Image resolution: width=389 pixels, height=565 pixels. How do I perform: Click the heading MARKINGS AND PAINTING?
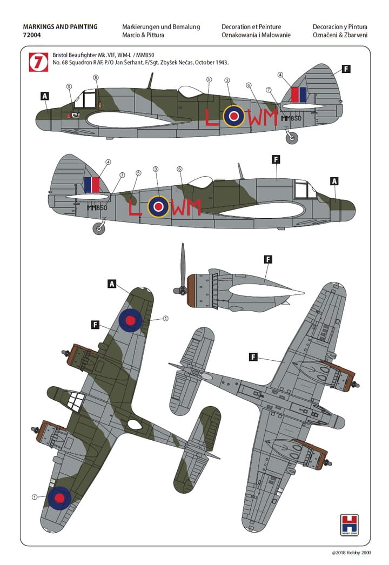pos(61,26)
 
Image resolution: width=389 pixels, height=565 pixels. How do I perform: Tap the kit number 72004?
pos(33,35)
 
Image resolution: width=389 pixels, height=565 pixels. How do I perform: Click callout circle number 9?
pos(69,87)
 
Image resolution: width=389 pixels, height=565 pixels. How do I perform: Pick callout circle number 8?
pos(96,78)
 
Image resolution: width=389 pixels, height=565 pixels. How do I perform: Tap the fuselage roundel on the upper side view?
pos(234,116)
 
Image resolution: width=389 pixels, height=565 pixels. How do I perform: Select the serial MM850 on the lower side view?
pos(97,207)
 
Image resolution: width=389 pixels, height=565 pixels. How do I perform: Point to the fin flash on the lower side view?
pos(92,185)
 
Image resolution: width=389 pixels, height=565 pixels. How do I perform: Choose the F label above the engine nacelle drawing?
pos(267,259)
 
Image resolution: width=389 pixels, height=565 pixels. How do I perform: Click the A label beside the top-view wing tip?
pos(112,284)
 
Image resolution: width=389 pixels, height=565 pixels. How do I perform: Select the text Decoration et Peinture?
pos(252,26)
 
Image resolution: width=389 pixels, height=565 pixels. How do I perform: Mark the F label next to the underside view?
pos(253,357)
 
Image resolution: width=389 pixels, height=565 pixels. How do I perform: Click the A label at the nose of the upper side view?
pos(45,96)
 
